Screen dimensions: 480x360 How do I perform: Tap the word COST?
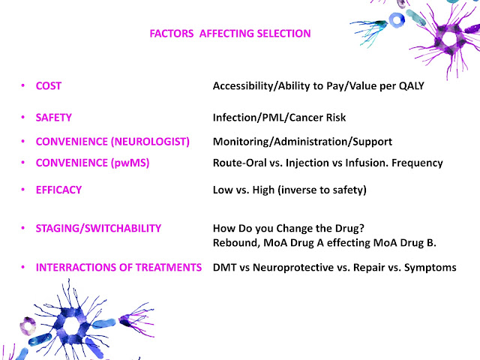48,85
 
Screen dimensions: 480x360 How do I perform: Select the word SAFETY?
53,118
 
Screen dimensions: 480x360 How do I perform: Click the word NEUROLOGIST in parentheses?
150,142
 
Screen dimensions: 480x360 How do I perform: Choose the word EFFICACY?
58,190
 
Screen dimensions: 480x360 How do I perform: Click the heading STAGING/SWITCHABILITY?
98,228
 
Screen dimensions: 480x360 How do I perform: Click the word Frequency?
417,163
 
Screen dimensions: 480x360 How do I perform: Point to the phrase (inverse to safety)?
322,190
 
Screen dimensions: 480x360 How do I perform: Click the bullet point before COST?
23,85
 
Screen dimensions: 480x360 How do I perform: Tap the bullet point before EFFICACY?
23,190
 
